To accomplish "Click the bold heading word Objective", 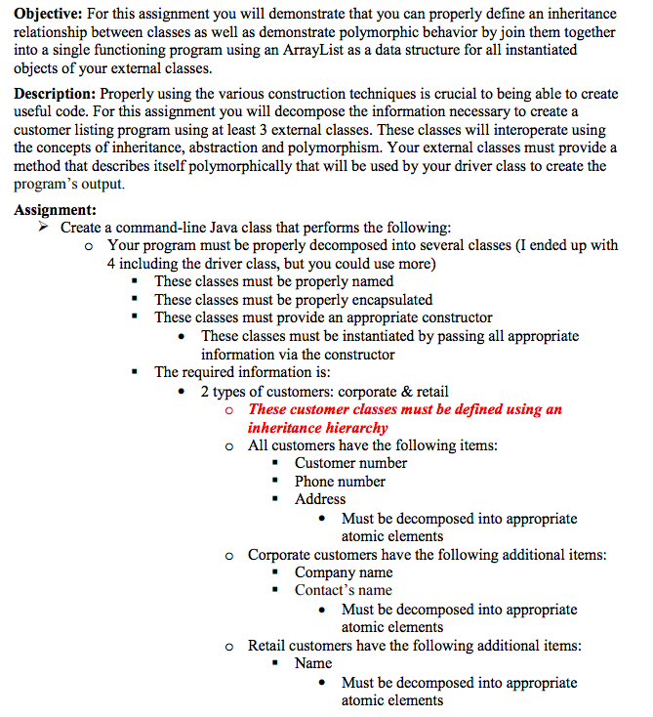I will coord(48,13).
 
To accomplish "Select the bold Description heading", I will coord(55,95).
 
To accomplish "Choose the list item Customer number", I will coord(350,463).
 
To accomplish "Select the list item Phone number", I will coord(340,482).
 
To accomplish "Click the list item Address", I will coord(320,499).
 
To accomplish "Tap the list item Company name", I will coord(344,572).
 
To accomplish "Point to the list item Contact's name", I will coord(343,590).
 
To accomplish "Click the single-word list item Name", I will coord(313,663).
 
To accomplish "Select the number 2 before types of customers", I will coord(206,391).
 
